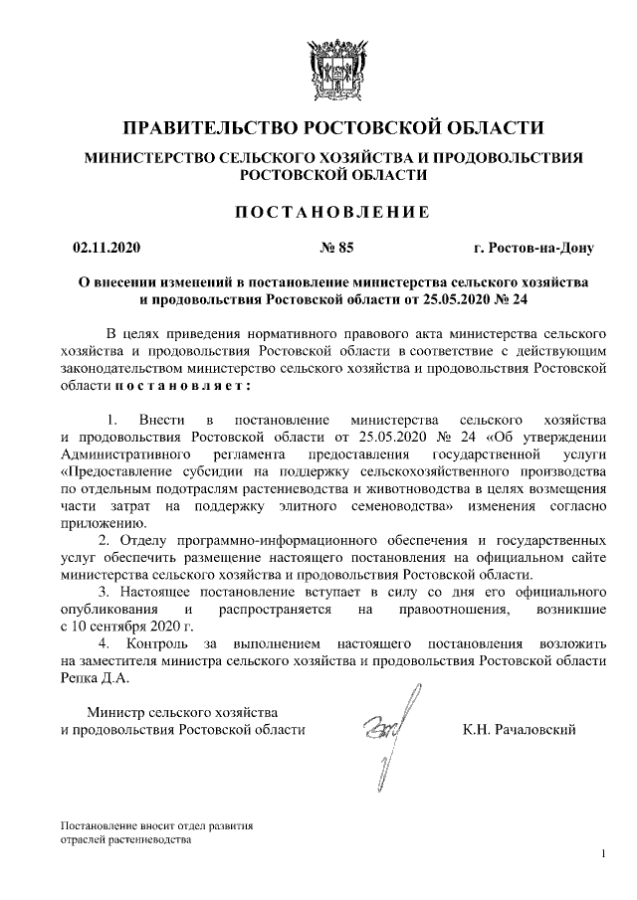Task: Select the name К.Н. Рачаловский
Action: (x=520, y=730)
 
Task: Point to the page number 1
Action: (x=604, y=854)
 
